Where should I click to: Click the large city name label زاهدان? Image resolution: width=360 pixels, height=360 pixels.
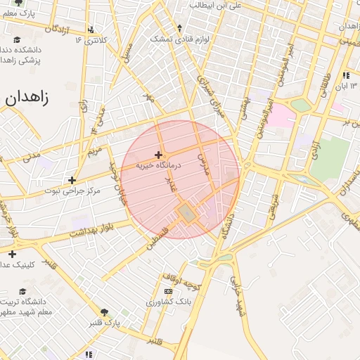click(x=27, y=98)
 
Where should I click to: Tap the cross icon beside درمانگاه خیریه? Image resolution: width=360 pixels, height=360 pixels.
click(x=159, y=155)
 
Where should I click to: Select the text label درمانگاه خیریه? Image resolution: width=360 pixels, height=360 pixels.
click(x=159, y=166)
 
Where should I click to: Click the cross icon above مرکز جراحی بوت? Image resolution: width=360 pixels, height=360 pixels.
click(x=72, y=180)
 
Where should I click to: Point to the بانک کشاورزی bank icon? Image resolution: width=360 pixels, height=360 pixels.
click(x=167, y=291)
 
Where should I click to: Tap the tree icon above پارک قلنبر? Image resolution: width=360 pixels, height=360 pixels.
click(x=105, y=312)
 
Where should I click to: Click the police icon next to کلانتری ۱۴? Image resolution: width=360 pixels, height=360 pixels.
click(x=90, y=30)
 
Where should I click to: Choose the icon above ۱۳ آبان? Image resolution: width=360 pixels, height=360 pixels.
click(x=345, y=75)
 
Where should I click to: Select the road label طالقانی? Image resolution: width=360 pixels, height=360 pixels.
click(x=326, y=86)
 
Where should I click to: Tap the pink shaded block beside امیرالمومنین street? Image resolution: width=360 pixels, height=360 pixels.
click(x=282, y=115)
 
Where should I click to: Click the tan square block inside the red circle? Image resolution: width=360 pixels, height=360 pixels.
click(x=186, y=212)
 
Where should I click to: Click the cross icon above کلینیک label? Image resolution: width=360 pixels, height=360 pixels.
click(x=11, y=254)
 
